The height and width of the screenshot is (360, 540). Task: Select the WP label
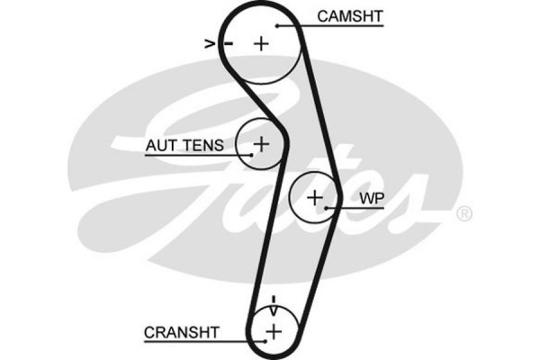click(x=369, y=197)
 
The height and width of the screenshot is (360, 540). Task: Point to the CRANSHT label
click(x=181, y=331)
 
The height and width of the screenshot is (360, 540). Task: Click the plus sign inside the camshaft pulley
click(x=261, y=42)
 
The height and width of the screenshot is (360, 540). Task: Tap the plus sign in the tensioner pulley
click(x=261, y=142)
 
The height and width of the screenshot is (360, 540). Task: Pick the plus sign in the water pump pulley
click(x=315, y=197)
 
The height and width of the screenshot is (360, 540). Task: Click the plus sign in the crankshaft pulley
click(x=272, y=332)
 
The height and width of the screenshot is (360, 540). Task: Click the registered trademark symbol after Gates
click(x=463, y=214)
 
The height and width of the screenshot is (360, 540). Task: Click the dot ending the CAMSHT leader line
click(x=278, y=26)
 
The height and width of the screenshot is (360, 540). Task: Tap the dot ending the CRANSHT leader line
click(x=265, y=342)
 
